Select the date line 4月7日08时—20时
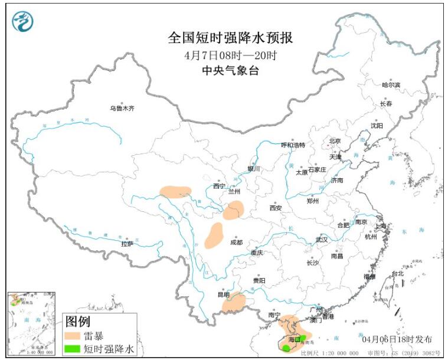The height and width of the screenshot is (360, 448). click(x=230, y=55)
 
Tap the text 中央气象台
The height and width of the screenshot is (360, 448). click(x=230, y=71)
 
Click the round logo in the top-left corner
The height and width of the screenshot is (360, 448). click(x=22, y=21)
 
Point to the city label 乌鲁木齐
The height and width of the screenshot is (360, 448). click(x=122, y=109)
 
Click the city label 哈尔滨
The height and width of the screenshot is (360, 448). click(x=391, y=85)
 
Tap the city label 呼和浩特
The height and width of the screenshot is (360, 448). click(x=293, y=145)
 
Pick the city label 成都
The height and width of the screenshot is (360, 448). click(x=236, y=242)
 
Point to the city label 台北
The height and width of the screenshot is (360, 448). click(x=397, y=273)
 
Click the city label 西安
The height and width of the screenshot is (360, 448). click(x=276, y=208)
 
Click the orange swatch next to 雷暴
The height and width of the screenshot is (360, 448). click(x=72, y=336)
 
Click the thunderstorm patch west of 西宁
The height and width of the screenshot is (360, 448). click(x=176, y=191)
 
